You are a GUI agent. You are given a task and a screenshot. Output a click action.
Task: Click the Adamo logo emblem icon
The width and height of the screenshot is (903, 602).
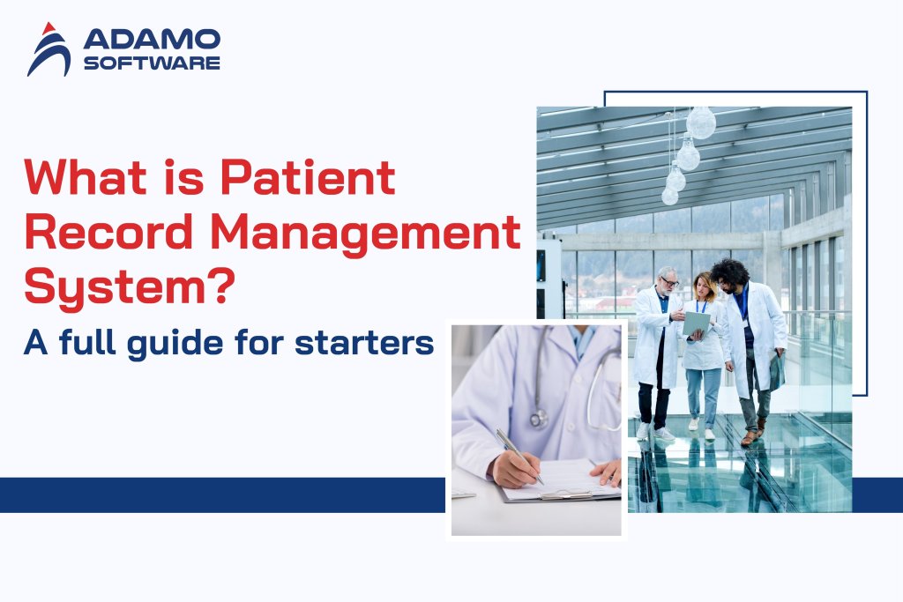coord(49,49)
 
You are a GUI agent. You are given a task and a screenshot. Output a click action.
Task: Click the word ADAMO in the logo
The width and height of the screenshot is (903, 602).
coord(151,39)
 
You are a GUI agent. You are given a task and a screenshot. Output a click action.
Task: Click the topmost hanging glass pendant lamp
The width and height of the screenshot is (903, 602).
coord(701,123)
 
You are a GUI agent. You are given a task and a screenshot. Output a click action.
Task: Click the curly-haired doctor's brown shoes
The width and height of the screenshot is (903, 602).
coord(750,437)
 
